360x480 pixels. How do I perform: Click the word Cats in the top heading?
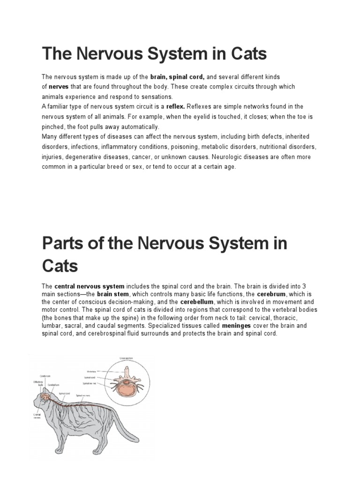pyautogui.click(x=248, y=54)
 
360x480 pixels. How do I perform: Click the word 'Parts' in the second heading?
pyautogui.click(x=61, y=244)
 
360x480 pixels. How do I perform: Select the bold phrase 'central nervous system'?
pyautogui.click(x=90, y=286)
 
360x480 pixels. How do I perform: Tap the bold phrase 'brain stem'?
pyautogui.click(x=113, y=294)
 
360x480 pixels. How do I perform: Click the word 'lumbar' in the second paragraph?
pyautogui.click(x=52, y=325)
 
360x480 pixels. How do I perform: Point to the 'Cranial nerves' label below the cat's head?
pyautogui.click(x=37, y=416)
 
